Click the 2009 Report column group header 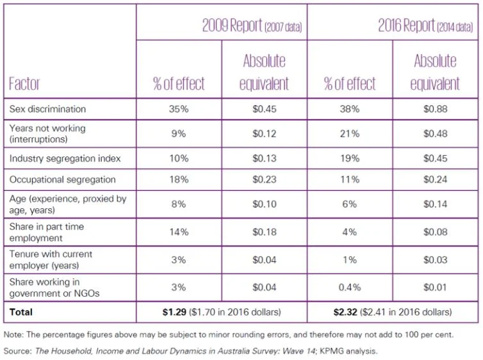point(252,26)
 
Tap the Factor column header point(25,84)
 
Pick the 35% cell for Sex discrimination point(179,109)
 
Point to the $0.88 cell point(435,109)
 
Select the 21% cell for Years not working point(350,133)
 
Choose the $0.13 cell point(265,158)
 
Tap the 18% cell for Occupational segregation point(179,180)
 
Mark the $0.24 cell point(435,180)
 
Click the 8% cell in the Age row point(179,204)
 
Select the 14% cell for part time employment point(179,232)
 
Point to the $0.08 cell point(435,232)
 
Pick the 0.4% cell point(350,288)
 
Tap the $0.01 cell point(435,288)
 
